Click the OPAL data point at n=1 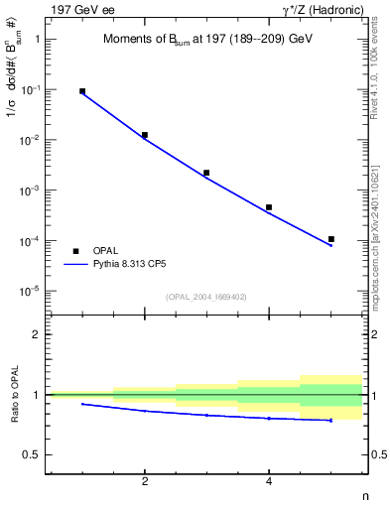(82, 91)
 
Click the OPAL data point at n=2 (145, 135)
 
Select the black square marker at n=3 (206, 173)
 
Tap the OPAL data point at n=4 (269, 207)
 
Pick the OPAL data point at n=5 (331, 239)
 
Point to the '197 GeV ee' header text (77, 9)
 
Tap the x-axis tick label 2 (145, 482)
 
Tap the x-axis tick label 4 (269, 482)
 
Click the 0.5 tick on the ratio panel (34, 455)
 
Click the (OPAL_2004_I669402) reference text (204, 296)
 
